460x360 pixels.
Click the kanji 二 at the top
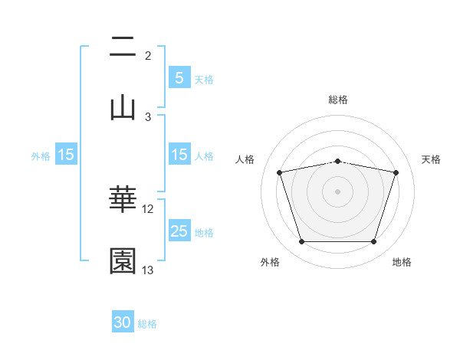pos(123,48)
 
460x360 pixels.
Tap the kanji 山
pos(123,108)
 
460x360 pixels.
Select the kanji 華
pos(123,201)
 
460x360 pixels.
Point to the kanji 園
pos(123,261)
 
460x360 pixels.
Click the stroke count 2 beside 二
pos(148,56)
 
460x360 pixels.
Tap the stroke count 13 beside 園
pos(148,270)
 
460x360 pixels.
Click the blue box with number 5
pos(179,77)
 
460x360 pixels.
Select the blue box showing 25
pos(179,231)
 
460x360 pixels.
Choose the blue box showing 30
pos(123,322)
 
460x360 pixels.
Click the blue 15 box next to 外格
pos(65,155)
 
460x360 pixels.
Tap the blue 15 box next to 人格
pos(179,155)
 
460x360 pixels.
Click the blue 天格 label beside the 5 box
pos(204,79)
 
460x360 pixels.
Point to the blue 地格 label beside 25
pos(204,233)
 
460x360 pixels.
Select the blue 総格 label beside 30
pos(147,324)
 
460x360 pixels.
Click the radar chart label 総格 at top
pos(337,100)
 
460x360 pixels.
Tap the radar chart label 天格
pos(432,159)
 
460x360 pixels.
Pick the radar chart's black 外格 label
pos(270,262)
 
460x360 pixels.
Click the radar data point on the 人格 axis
pos(280,173)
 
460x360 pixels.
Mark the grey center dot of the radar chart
pos(337,191)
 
